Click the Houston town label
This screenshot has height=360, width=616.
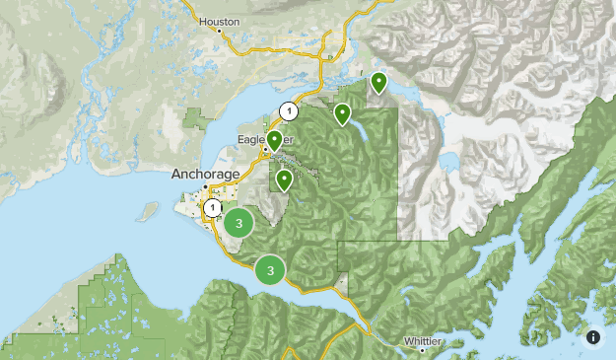pyautogui.click(x=219, y=20)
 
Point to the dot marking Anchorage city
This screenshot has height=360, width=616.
pyautogui.click(x=205, y=186)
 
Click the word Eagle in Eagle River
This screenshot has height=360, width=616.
pyautogui.click(x=250, y=140)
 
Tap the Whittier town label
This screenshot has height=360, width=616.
pyautogui.click(x=424, y=340)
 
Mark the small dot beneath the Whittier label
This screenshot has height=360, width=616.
pyautogui.click(x=423, y=350)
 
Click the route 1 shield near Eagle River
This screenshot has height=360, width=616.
pyautogui.click(x=287, y=110)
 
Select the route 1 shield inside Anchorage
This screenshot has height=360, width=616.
pyautogui.click(x=212, y=208)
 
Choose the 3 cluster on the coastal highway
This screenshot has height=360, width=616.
pyautogui.click(x=270, y=268)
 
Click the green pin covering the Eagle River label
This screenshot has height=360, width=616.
pyautogui.click(x=274, y=141)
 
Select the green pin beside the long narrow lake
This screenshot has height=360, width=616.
pyautogui.click(x=342, y=114)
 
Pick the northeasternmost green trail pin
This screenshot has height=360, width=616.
pyautogui.click(x=378, y=82)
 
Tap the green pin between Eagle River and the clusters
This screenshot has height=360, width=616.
pyautogui.click(x=284, y=180)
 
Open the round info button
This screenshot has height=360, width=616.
pyautogui.click(x=593, y=337)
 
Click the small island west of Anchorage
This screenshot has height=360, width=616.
pyautogui.click(x=149, y=211)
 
